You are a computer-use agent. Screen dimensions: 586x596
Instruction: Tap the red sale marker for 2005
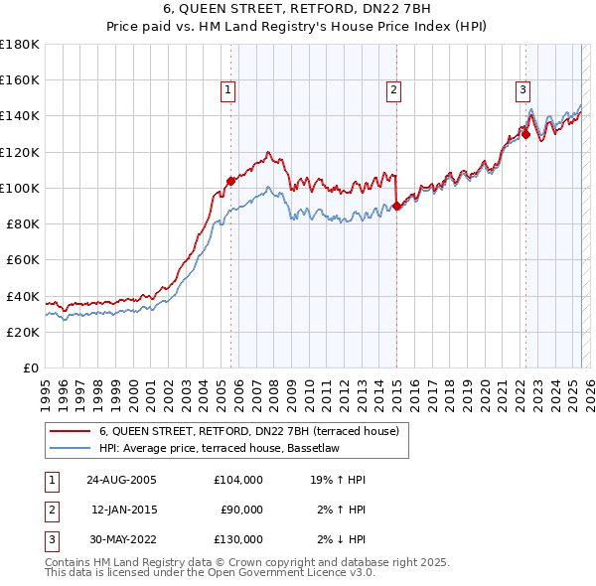(230, 181)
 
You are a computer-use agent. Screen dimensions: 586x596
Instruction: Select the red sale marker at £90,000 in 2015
(396, 206)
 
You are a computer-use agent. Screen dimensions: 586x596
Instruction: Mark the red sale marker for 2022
(525, 134)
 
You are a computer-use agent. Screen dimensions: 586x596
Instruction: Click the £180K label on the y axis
(19, 45)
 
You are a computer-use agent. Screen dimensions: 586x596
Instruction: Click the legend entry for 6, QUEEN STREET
(248, 431)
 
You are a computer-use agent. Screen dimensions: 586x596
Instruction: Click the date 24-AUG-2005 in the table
(121, 479)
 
